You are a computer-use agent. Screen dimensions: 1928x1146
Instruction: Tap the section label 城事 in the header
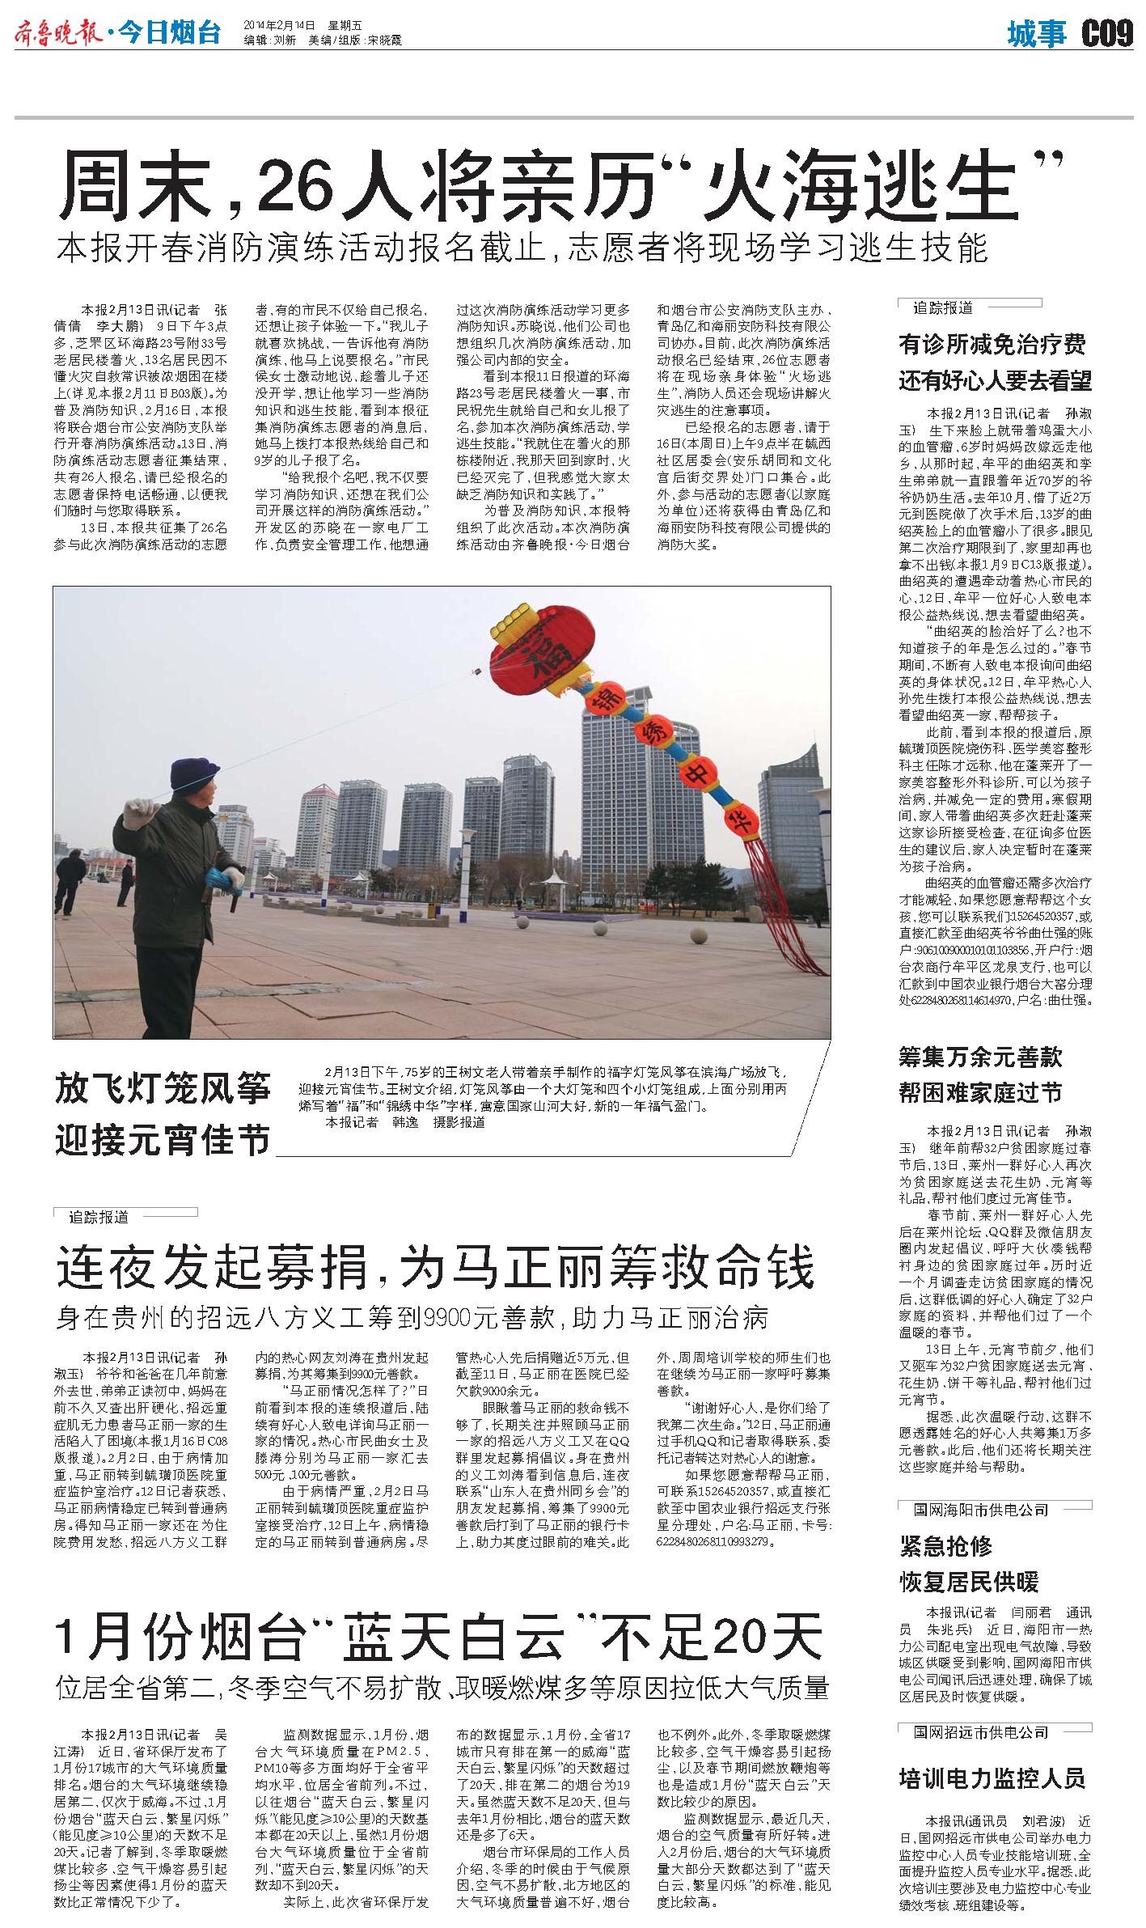click(x=1038, y=35)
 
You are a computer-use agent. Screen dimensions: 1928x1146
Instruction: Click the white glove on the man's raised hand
click(x=139, y=808)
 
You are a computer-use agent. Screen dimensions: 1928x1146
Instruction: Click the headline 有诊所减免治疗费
click(x=992, y=345)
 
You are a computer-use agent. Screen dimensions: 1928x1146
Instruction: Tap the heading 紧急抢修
click(x=946, y=1546)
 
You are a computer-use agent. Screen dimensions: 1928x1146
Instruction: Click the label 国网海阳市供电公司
click(x=981, y=1510)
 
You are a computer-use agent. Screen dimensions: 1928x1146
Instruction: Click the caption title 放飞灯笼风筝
click(x=163, y=1088)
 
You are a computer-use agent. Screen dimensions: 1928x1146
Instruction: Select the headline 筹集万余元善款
click(x=980, y=1057)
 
